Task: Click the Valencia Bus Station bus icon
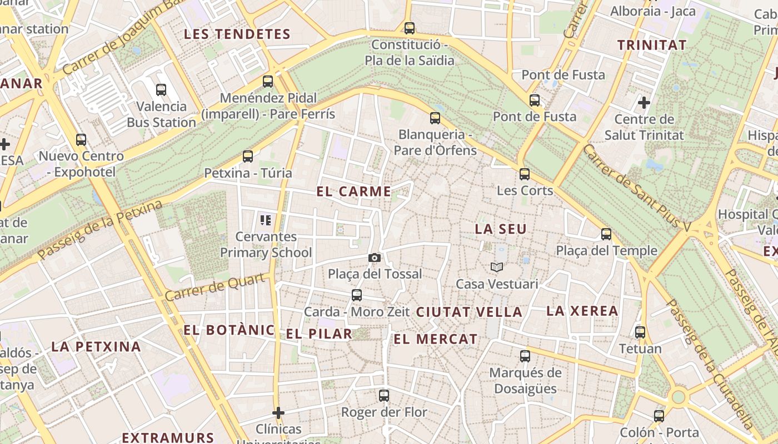click(161, 89)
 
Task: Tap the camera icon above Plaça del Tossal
click(375, 258)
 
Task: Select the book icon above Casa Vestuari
click(497, 268)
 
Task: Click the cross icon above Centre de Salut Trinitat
click(644, 103)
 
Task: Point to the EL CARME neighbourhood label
click(354, 191)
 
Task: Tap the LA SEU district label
click(501, 229)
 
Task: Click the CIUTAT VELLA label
click(470, 312)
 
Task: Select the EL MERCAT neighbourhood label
click(436, 339)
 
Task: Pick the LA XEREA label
click(582, 311)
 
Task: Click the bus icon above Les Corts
click(525, 174)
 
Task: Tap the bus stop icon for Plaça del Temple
click(606, 234)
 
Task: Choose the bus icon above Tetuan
click(640, 332)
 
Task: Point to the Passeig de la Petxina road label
click(101, 230)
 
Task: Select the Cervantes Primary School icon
click(266, 220)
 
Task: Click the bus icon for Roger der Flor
click(384, 396)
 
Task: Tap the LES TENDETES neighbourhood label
click(237, 34)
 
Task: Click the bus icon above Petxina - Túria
click(248, 157)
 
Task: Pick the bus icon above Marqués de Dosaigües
click(525, 356)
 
